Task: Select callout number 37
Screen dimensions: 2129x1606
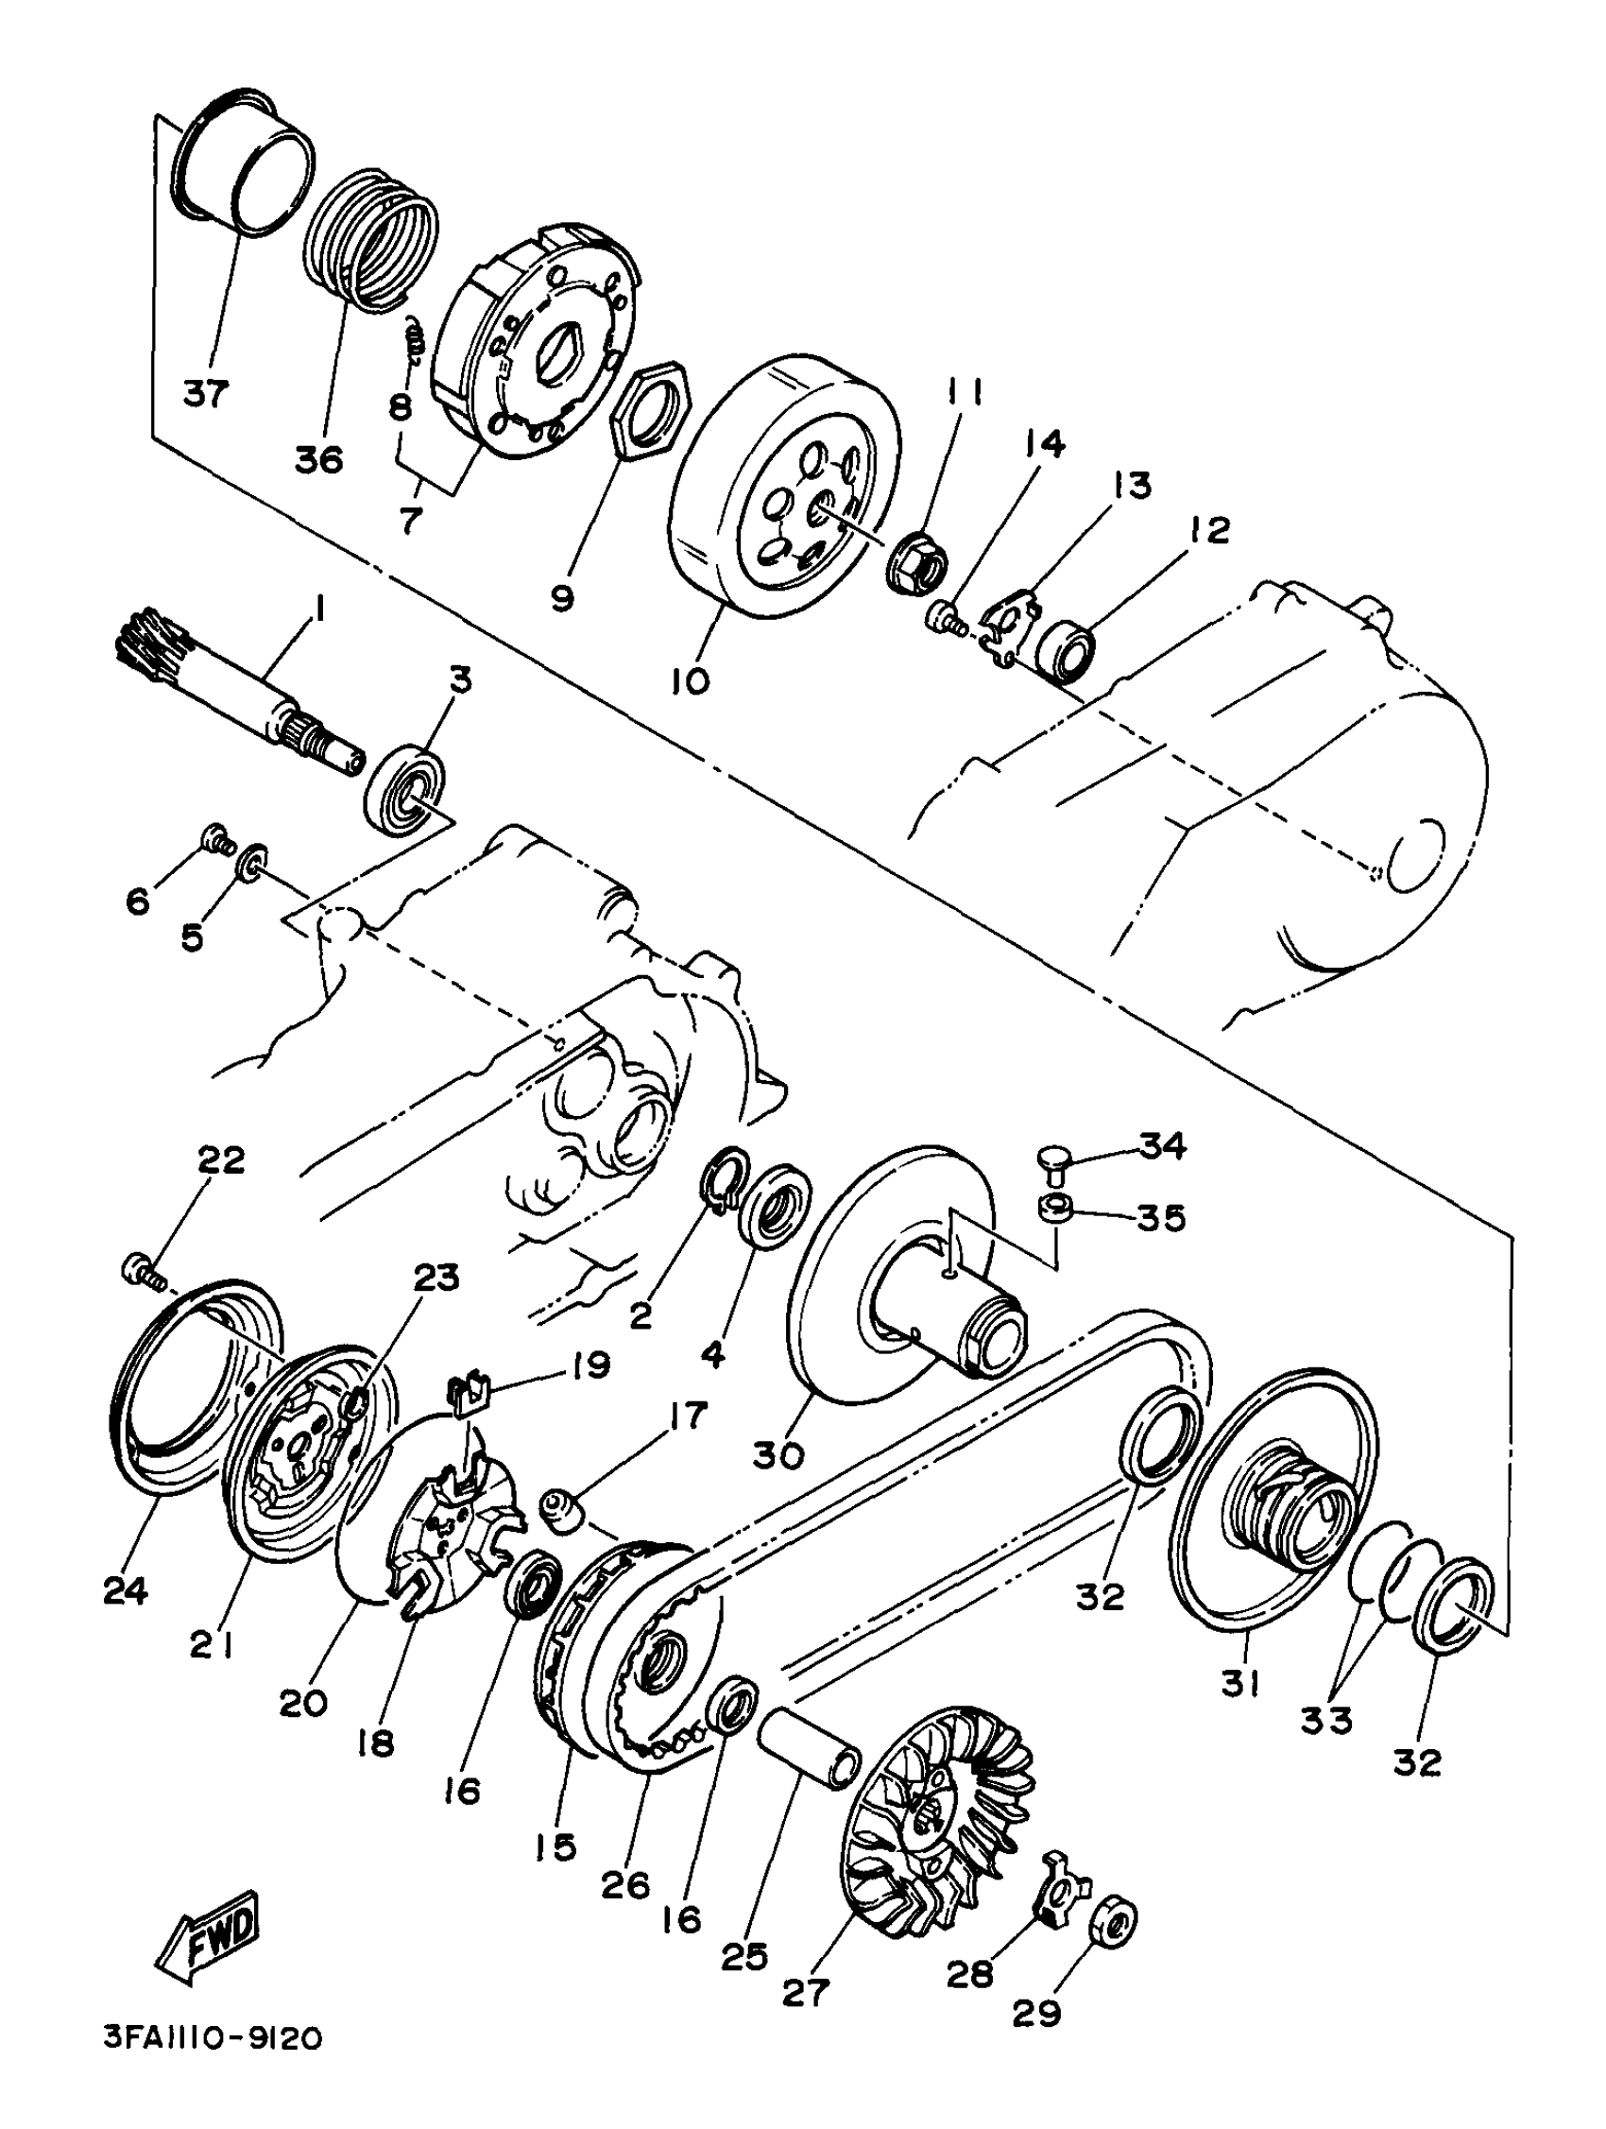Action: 205,393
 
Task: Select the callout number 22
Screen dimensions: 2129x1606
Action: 221,1159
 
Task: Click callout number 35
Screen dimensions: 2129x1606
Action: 1160,1218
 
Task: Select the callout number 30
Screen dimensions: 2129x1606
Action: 778,1455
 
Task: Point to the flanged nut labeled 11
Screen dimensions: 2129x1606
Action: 918,562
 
